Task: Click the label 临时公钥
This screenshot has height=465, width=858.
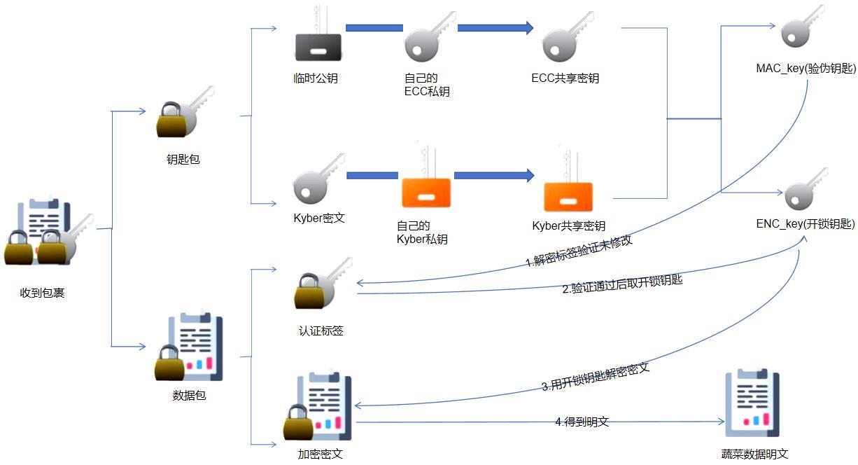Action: click(316, 78)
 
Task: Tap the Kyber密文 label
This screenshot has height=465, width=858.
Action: click(319, 218)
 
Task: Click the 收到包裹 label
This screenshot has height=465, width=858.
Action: click(43, 293)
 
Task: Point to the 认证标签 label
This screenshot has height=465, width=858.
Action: click(321, 331)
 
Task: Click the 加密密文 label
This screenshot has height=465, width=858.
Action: click(320, 454)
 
